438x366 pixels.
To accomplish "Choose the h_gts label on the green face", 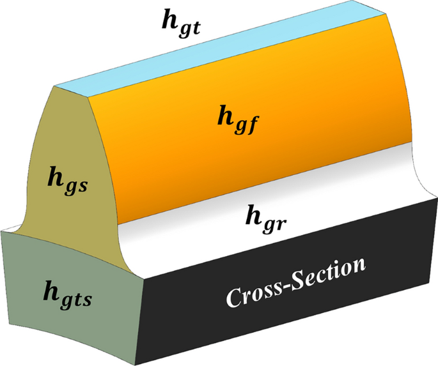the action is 66,293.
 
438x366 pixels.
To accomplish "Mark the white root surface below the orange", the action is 192,240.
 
